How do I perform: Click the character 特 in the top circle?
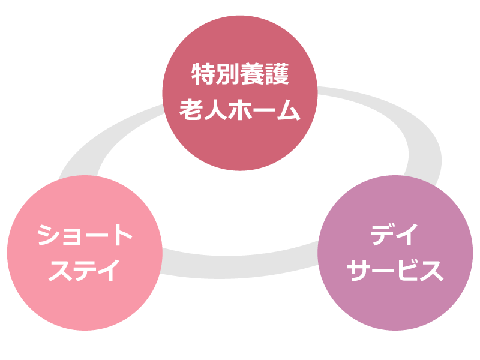203,76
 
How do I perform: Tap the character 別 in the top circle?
227,76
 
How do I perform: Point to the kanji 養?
252,76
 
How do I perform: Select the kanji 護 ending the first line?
277,76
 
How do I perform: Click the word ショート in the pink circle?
83,235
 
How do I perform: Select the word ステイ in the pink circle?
83,269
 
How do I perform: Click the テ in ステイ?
83,269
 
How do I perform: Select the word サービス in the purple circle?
395,270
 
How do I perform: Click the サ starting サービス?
360,270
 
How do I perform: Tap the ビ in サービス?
407,270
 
